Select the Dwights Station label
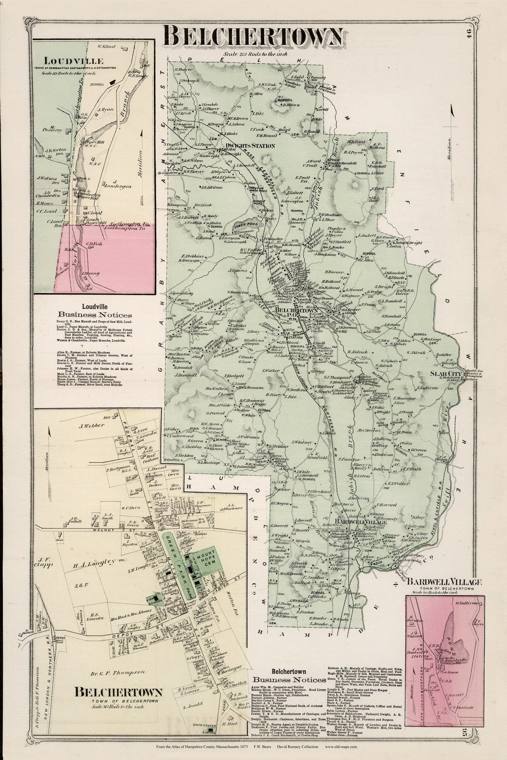pyautogui.click(x=250, y=146)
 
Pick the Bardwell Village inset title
pyautogui.click(x=444, y=582)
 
